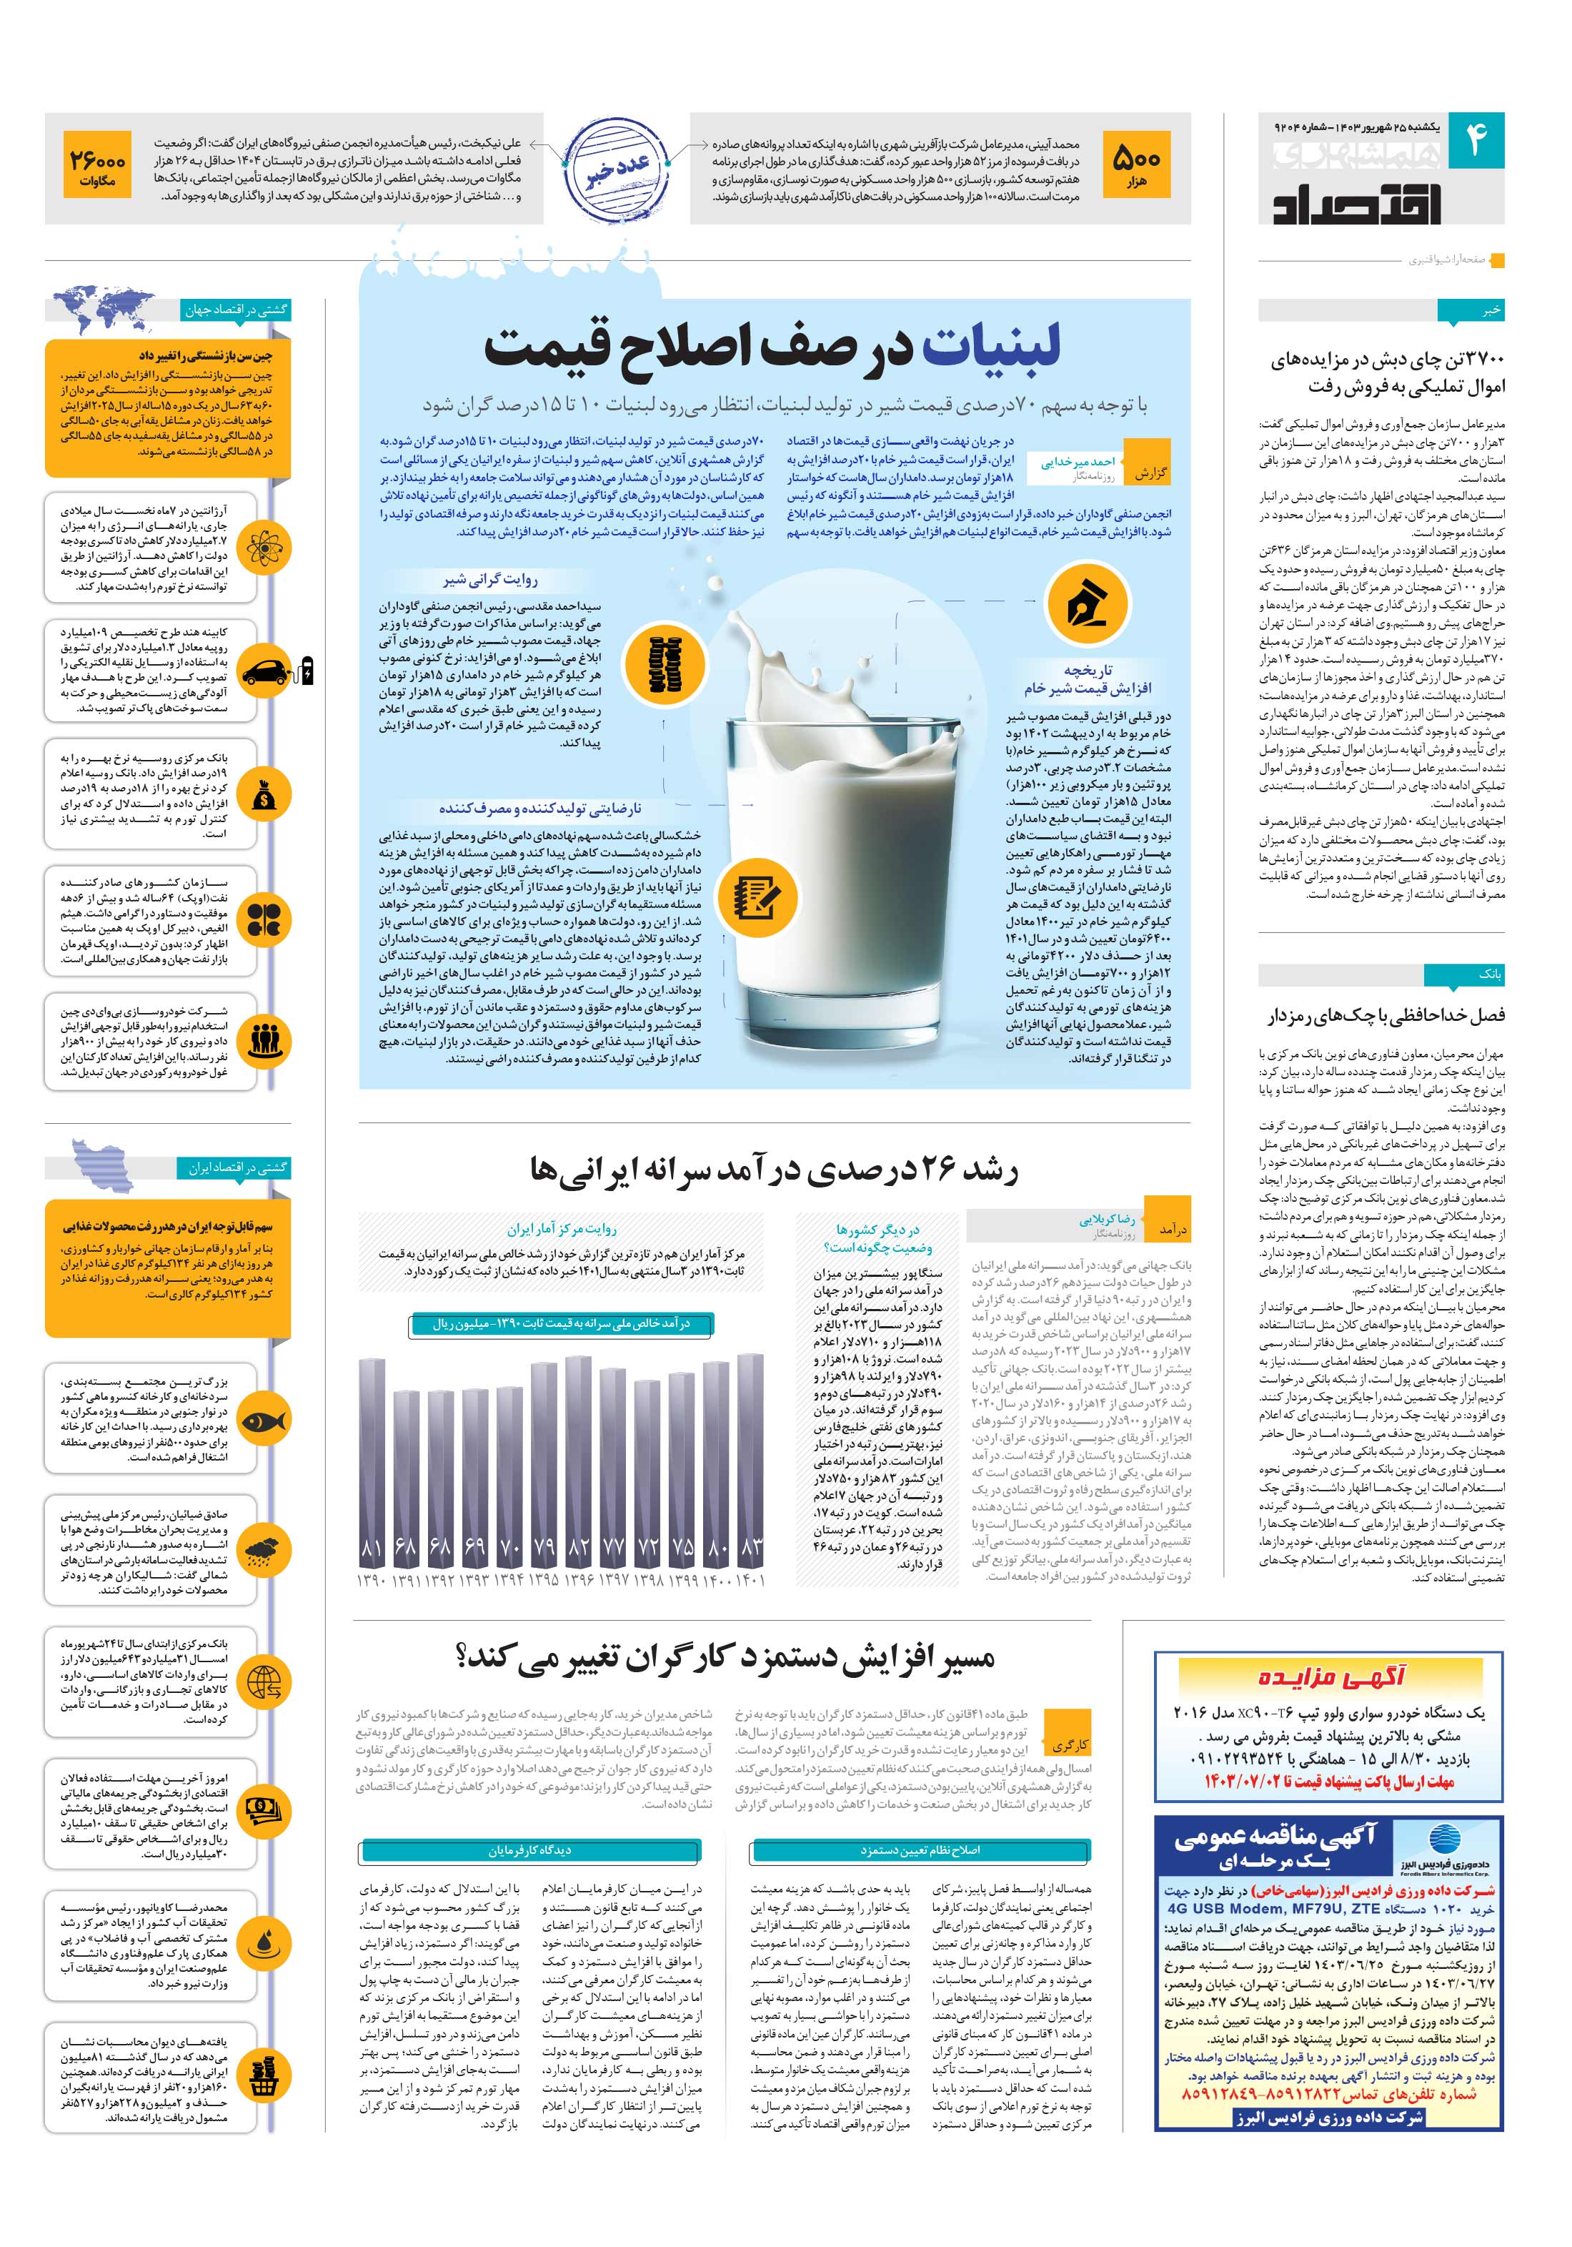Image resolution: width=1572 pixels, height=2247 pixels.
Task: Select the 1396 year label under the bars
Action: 579,1581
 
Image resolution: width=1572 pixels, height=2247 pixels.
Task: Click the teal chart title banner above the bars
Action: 562,1324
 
